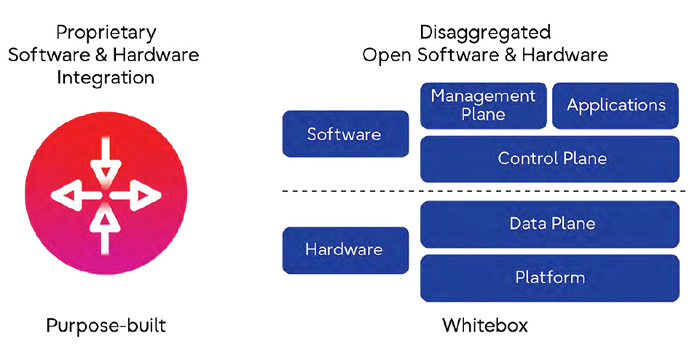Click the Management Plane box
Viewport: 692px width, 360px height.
click(483, 105)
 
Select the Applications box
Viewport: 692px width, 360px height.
click(616, 105)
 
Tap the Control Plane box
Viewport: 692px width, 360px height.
click(551, 158)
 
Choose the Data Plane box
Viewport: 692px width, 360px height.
click(551, 224)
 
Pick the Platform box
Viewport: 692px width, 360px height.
click(551, 277)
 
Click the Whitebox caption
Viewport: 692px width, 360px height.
click(484, 325)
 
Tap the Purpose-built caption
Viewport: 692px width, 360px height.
click(106, 325)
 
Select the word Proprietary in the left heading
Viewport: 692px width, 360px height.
click(106, 32)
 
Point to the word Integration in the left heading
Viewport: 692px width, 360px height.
click(106, 77)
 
